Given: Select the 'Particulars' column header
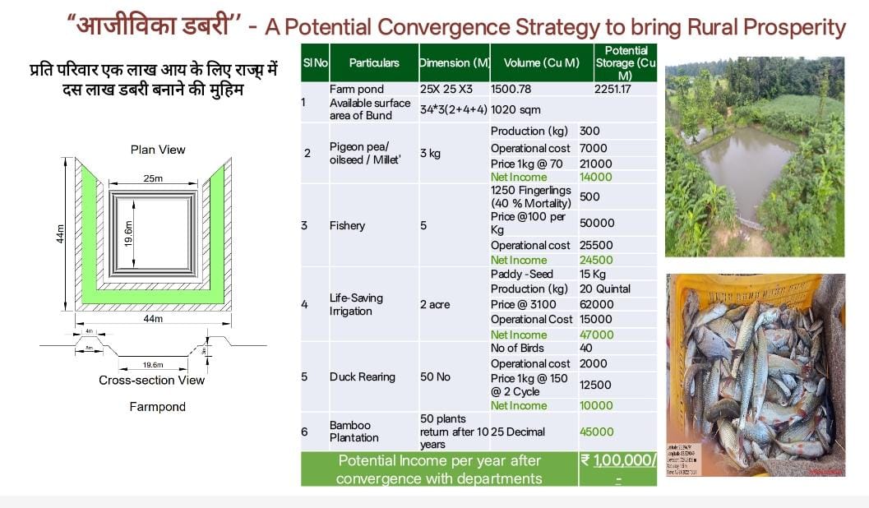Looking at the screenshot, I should (374, 62).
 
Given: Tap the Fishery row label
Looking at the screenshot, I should (348, 225).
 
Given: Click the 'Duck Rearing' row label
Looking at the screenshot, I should (362, 376).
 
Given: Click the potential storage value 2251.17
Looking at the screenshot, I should (612, 89).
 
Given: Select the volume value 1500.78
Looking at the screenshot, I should (511, 89).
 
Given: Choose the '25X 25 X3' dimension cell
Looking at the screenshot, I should (444, 89).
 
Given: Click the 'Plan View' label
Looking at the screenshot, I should (158, 150).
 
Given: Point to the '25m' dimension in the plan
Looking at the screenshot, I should (152, 178).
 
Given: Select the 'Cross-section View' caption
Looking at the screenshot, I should (152, 380).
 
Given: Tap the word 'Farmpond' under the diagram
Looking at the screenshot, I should (158, 407).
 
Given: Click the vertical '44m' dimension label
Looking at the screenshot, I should (60, 234).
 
